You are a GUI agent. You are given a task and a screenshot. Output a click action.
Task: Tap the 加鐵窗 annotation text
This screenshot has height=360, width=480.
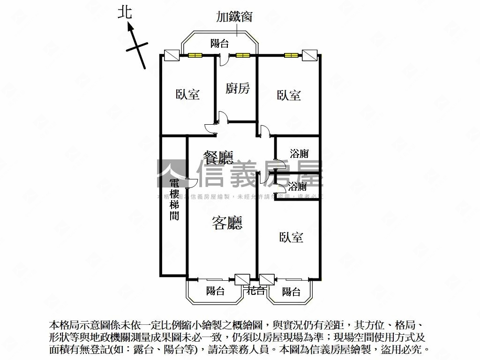[x=234, y=17]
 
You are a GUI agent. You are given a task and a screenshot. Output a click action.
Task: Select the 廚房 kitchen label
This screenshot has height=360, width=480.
[x=238, y=88]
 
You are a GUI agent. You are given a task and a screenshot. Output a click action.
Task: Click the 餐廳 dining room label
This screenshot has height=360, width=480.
[x=218, y=157]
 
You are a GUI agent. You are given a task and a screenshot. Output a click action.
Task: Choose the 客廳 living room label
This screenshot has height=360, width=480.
[x=227, y=223]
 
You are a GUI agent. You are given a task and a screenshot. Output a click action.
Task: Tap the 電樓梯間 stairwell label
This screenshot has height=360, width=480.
[x=174, y=200]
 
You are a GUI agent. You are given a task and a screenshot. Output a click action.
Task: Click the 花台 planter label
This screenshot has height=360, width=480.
[x=256, y=291]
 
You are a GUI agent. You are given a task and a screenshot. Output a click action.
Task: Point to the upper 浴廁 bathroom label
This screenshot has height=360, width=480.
[x=299, y=153]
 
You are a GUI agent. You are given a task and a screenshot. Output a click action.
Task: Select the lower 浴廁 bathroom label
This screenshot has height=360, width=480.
[x=298, y=186]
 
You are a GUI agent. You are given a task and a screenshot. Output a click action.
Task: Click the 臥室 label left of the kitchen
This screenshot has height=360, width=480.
[x=188, y=95]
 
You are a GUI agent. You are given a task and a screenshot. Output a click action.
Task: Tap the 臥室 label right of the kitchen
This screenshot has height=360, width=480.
[x=289, y=95]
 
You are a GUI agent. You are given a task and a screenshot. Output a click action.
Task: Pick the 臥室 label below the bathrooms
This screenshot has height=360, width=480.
[x=291, y=237]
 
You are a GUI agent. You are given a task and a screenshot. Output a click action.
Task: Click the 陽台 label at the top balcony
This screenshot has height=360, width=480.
[x=219, y=44]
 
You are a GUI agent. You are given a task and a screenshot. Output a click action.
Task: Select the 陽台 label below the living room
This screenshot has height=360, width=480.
[x=216, y=291]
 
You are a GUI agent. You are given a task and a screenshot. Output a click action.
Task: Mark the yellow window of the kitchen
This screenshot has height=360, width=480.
[x=242, y=55]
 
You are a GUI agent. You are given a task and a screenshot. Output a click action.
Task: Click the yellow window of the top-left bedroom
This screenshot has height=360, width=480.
[x=195, y=55]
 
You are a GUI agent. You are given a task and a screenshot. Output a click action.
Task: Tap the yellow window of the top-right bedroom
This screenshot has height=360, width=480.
[x=291, y=55]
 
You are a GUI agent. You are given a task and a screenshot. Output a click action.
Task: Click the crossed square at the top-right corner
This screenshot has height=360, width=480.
[x=309, y=55]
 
